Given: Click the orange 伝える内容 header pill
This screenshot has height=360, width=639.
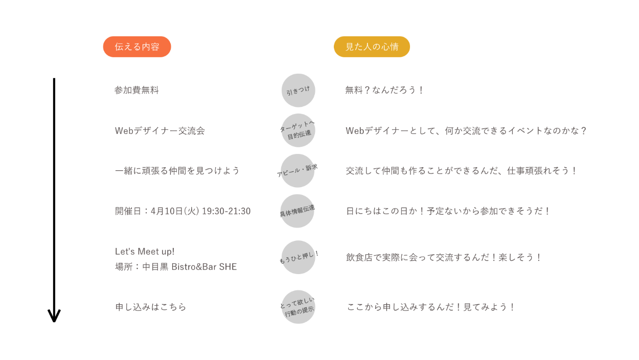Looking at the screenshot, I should pyautogui.click(x=137, y=47).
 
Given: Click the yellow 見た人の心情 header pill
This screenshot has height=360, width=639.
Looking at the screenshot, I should pyautogui.click(x=372, y=47).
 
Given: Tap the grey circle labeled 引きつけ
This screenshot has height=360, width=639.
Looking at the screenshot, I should pyautogui.click(x=298, y=91).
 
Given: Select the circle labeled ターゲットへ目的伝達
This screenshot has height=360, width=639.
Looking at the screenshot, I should pyautogui.click(x=298, y=130).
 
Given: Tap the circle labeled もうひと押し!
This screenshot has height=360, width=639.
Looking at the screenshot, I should pyautogui.click(x=298, y=257).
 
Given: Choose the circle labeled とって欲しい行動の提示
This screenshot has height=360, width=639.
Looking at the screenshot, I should pyautogui.click(x=298, y=307).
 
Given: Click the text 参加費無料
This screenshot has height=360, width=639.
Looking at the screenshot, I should pyautogui.click(x=136, y=91).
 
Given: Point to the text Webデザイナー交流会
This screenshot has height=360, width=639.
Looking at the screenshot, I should pyautogui.click(x=159, y=131).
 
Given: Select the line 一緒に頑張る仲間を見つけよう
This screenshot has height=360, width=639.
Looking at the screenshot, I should pyautogui.click(x=177, y=171).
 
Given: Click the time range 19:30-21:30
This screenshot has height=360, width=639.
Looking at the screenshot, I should pyautogui.click(x=226, y=211).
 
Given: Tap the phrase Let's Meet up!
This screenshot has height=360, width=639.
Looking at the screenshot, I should pyautogui.click(x=145, y=252).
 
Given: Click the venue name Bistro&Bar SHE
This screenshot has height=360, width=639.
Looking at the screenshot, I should pyautogui.click(x=204, y=267).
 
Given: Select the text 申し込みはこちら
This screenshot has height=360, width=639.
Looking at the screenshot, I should pyautogui.click(x=150, y=307).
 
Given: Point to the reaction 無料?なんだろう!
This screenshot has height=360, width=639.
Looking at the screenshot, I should pyautogui.click(x=384, y=91).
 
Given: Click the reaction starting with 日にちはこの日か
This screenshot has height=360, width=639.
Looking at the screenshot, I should pyautogui.click(x=448, y=211).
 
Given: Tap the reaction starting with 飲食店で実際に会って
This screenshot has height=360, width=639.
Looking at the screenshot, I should pyautogui.click(x=444, y=257).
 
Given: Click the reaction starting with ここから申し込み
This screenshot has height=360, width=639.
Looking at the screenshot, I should pyautogui.click(x=431, y=307).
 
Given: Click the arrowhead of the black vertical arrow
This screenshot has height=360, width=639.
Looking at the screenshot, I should pyautogui.click(x=54, y=316).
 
